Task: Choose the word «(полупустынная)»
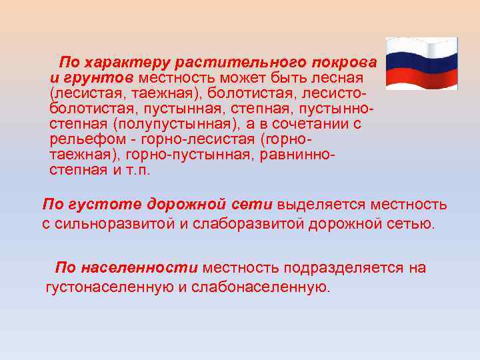[169, 124]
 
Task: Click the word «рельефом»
[81, 139]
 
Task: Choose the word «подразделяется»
[335, 268]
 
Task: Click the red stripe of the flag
[421, 73]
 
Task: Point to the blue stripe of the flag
[421, 59]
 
